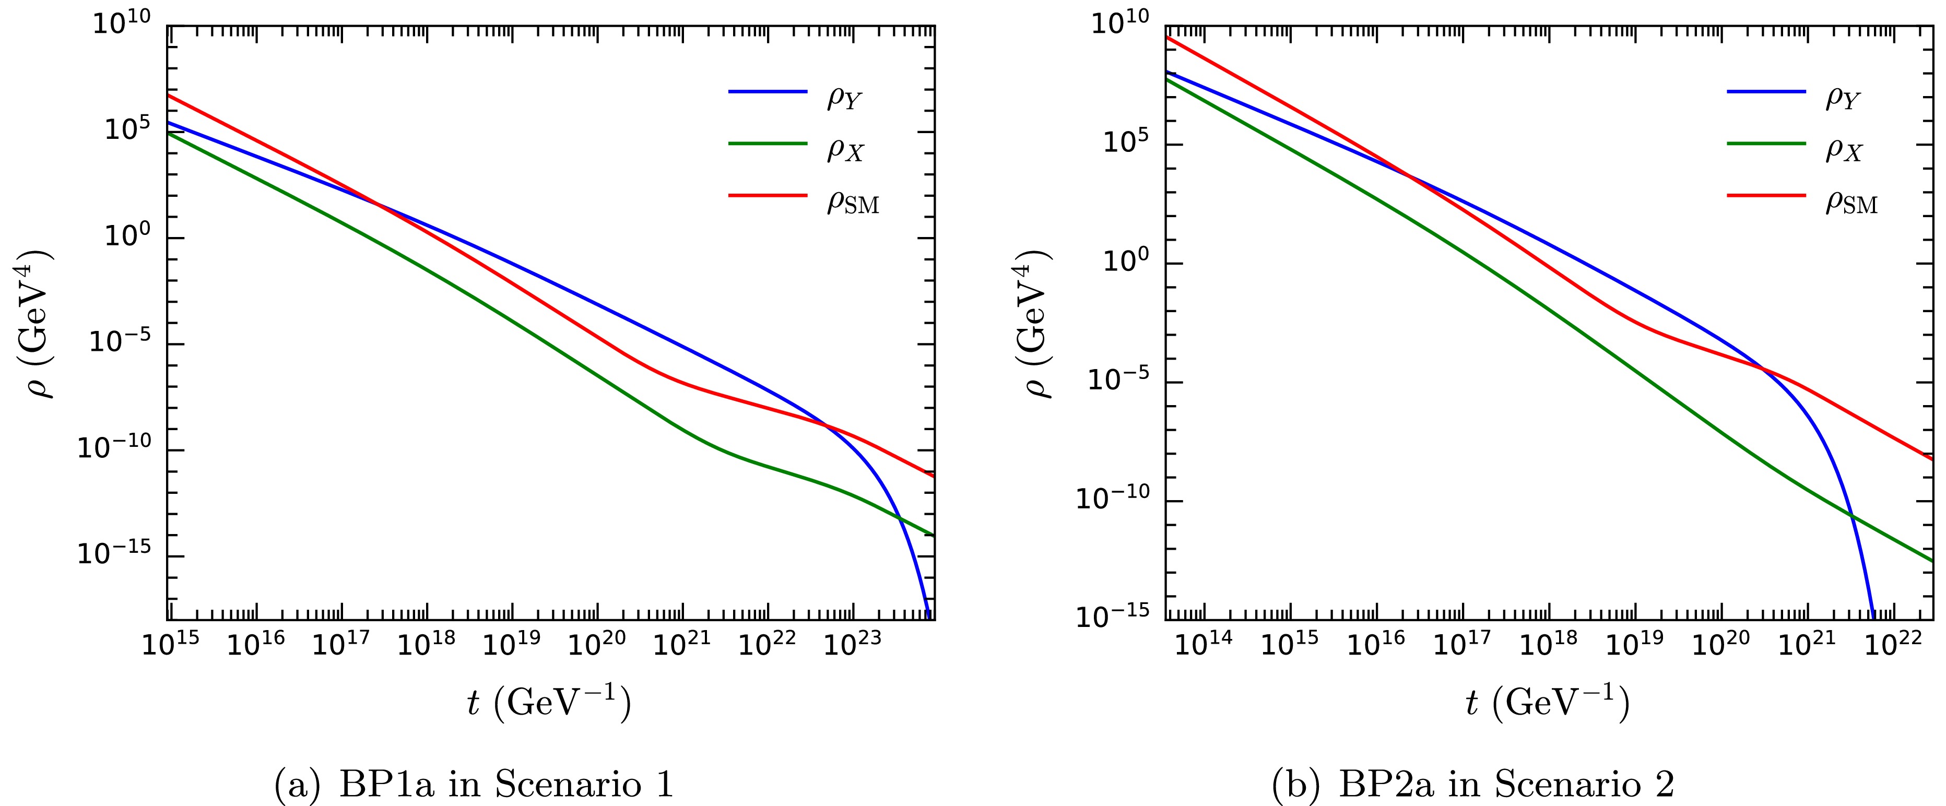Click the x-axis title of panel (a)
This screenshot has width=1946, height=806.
coord(549,703)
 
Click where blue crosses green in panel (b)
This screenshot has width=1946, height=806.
coord(1851,516)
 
